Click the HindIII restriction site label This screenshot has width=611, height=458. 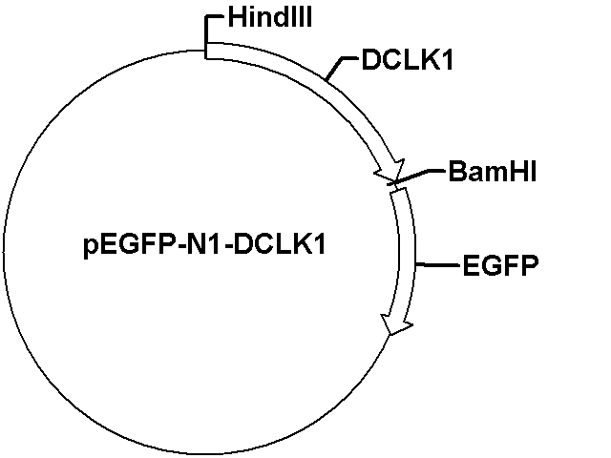point(269,18)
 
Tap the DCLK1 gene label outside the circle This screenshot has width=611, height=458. point(408,59)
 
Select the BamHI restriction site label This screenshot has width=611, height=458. point(493,172)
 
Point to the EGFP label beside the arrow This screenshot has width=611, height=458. point(500,265)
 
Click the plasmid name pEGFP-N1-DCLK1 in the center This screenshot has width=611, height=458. point(204,246)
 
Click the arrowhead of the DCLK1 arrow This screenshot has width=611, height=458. point(391,172)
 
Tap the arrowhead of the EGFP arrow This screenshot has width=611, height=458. point(395,323)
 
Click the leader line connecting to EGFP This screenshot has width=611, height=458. point(437,265)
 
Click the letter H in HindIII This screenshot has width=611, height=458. point(236,18)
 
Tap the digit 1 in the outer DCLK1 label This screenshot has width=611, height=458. point(448,60)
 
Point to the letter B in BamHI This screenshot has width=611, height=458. point(456,172)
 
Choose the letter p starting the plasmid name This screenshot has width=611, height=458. point(91,248)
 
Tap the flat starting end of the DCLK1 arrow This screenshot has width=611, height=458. point(206,51)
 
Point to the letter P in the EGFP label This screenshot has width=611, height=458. point(530,265)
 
